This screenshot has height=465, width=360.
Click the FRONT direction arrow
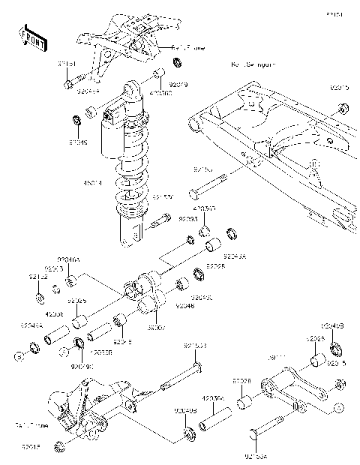tap(33, 37)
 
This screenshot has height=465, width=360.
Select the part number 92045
tap(78, 140)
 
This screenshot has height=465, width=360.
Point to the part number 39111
tap(277, 358)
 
